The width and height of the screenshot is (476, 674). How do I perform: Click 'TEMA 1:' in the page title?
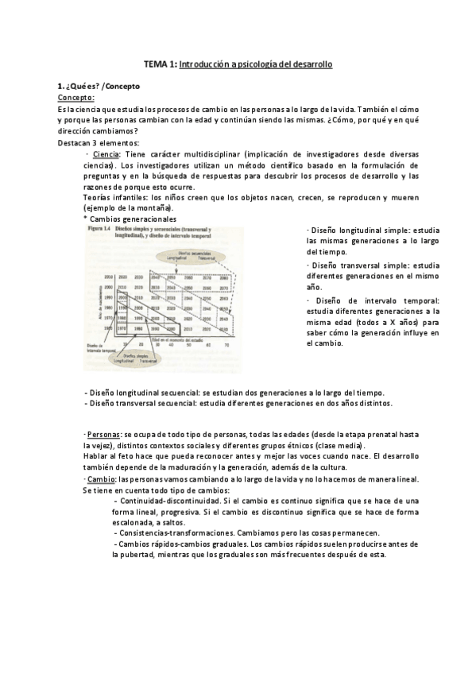[x=160, y=64]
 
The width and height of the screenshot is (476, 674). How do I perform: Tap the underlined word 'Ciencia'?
[x=106, y=153]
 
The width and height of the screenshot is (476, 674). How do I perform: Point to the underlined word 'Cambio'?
[x=100, y=479]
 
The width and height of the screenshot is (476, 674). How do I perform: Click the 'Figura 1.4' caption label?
[x=99, y=229]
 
